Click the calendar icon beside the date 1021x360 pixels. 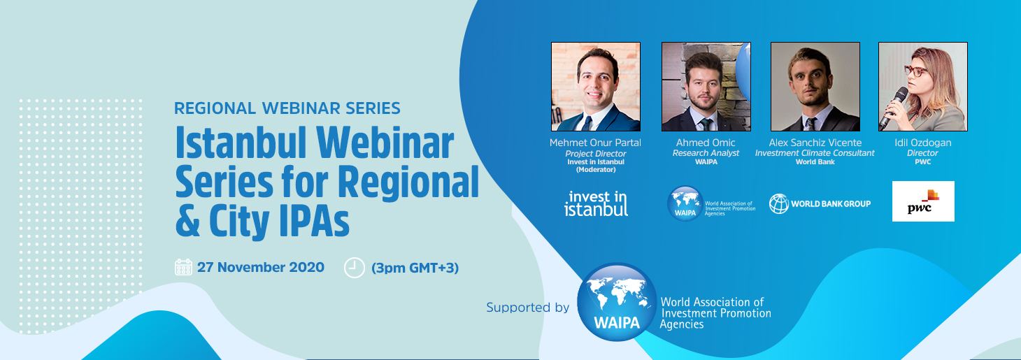point(183,267)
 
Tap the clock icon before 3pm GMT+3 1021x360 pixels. point(354,268)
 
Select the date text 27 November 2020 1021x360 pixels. point(261,267)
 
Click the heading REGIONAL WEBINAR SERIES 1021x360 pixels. point(287,108)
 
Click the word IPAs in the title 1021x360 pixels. point(315,222)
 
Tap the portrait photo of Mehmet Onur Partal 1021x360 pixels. point(596,87)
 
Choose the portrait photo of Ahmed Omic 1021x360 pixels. point(706,87)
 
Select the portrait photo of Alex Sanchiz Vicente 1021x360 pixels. point(815,87)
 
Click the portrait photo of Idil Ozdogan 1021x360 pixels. point(923,87)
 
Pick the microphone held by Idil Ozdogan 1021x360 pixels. point(894,108)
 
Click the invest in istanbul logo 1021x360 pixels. point(597,203)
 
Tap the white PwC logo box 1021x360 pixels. point(923,201)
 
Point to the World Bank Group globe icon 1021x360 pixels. point(779,203)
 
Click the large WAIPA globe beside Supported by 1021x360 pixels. point(617,302)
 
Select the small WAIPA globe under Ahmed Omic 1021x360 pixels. point(685,203)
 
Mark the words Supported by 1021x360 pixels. point(528,308)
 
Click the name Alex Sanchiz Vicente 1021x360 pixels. point(815,143)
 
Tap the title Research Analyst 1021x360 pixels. point(706,153)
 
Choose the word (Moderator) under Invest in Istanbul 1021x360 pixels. point(596,170)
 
